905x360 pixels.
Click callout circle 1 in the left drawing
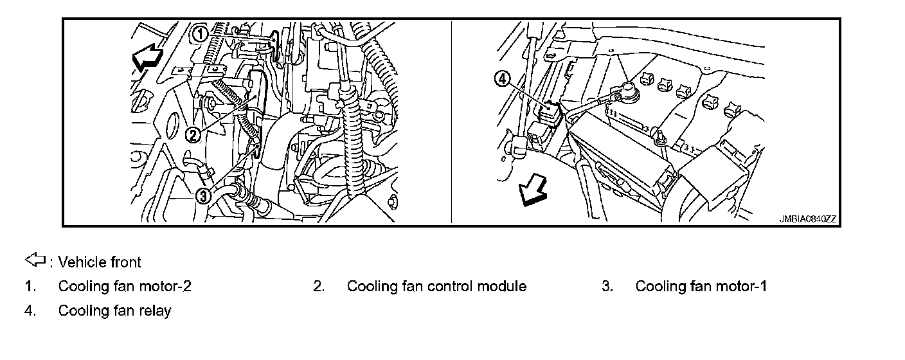[x=201, y=33]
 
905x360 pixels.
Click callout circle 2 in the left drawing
[x=192, y=134]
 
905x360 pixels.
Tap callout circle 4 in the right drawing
[x=502, y=79]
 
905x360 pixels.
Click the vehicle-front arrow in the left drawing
[x=147, y=60]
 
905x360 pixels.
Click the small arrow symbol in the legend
[x=34, y=260]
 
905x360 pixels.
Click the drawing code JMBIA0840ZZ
[x=808, y=219]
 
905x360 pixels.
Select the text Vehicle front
[x=99, y=262]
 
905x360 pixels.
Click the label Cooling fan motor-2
[x=125, y=286]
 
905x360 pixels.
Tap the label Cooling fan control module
[x=436, y=286]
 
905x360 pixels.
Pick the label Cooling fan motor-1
[x=701, y=286]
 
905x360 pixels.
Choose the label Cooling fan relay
[x=114, y=311]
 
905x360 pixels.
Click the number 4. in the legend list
[x=30, y=311]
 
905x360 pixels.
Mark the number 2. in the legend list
[x=319, y=286]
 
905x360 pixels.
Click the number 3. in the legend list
[x=607, y=286]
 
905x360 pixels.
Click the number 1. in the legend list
[x=30, y=286]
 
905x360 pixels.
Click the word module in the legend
[x=501, y=286]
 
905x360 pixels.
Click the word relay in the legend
[x=156, y=311]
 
